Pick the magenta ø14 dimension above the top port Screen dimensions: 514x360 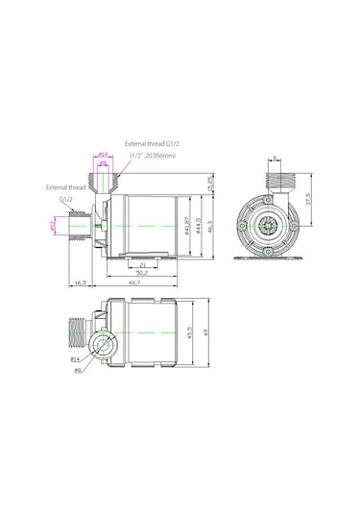(102, 154)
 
